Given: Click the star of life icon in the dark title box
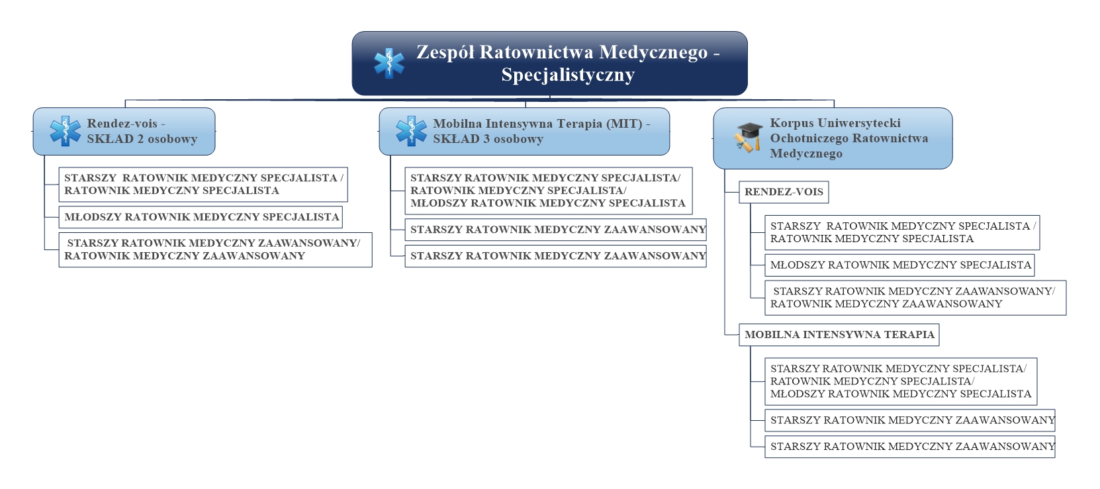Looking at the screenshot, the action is point(389,64).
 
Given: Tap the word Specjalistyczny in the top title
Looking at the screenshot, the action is point(568,75).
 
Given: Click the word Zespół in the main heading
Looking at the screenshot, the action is point(445,52).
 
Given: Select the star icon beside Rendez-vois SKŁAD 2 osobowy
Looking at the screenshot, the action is point(66,131).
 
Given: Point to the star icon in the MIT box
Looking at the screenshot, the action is point(412,131).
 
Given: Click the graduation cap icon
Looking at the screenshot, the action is point(749,138).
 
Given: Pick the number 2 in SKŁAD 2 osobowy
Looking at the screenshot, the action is point(140,139).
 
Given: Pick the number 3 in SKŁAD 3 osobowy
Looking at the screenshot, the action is point(486,139).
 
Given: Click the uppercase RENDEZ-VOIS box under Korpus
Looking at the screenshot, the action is point(784,192).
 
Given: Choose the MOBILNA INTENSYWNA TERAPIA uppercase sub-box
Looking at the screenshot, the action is point(839,335).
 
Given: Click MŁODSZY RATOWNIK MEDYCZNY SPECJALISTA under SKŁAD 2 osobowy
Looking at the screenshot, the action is point(201,217).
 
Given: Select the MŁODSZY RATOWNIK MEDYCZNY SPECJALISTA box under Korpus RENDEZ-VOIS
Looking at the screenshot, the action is point(899,265).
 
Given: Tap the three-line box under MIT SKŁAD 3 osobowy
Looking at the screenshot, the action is point(549,191).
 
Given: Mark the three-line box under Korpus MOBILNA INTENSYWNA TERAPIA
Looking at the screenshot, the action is point(901,382).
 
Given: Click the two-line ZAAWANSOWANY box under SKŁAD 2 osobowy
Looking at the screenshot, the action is point(216,250).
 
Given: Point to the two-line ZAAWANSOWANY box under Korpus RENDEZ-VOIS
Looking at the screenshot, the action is point(915,298).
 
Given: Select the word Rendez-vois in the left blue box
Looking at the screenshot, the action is point(122,124).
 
